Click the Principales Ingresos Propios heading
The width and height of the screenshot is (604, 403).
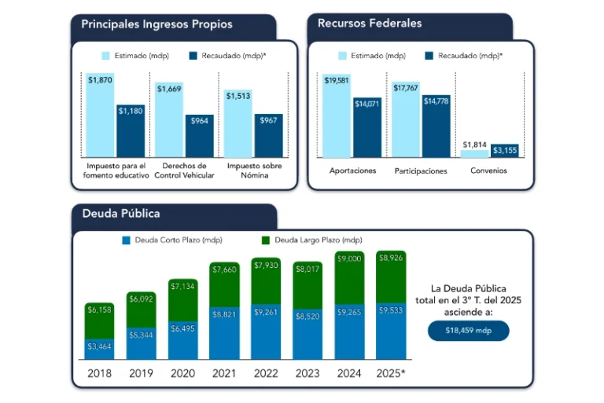click(x=157, y=24)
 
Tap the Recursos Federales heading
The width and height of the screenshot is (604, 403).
click(x=370, y=24)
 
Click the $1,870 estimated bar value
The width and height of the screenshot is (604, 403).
click(x=100, y=80)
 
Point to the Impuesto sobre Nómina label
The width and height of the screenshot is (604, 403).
click(x=253, y=170)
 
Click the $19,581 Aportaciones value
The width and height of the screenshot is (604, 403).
click(x=337, y=80)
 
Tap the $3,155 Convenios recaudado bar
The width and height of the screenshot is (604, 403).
click(x=504, y=149)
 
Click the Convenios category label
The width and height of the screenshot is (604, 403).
click(x=489, y=170)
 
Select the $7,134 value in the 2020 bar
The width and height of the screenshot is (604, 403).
click(x=183, y=285)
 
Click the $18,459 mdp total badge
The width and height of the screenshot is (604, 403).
click(x=469, y=331)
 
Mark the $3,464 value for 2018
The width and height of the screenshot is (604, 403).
click(x=100, y=346)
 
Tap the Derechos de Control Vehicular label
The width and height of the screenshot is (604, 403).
click(x=184, y=170)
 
